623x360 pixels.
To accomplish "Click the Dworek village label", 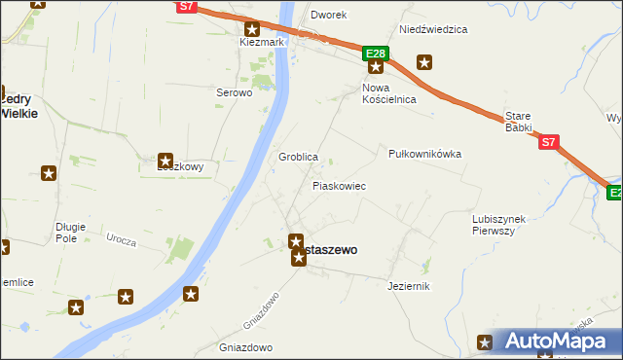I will [x=328, y=16].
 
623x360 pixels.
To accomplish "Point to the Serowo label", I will [x=234, y=93].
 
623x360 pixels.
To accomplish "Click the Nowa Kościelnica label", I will [x=388, y=93].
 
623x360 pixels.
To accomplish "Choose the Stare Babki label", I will [x=518, y=121].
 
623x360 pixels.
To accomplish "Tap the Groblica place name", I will [x=298, y=157].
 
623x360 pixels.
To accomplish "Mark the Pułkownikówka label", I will [x=424, y=154].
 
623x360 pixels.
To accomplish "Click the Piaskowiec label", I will [x=339, y=185].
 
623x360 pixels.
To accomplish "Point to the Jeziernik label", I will [x=408, y=286].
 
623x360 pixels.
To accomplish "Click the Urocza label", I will [x=121, y=238].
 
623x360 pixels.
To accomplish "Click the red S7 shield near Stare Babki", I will [x=548, y=142].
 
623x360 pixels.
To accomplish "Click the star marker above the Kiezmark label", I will [x=252, y=29].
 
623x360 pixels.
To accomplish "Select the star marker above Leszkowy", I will [x=165, y=161].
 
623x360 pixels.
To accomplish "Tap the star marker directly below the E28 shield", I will [x=376, y=67].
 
